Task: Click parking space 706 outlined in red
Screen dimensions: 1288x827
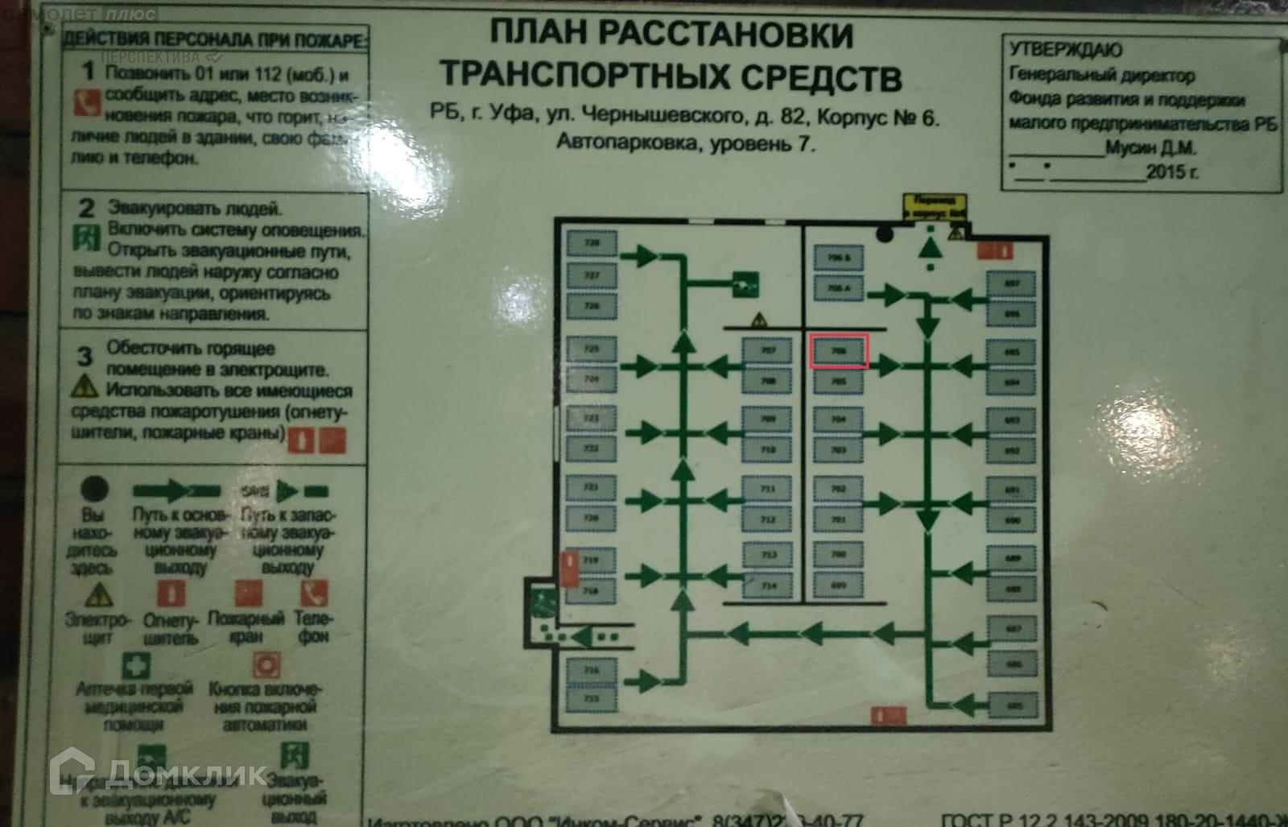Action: pyautogui.click(x=838, y=352)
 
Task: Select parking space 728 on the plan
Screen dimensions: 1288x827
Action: pyautogui.click(x=592, y=242)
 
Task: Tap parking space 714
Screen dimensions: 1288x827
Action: pyautogui.click(x=768, y=585)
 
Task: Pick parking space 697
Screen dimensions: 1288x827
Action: pyautogui.click(x=1011, y=283)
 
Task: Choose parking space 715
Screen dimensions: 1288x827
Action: pyautogui.click(x=592, y=700)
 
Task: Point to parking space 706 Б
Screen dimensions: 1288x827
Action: pyautogui.click(x=838, y=258)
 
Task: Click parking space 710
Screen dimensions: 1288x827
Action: pyautogui.click(x=768, y=450)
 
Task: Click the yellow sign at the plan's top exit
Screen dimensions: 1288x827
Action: pyautogui.click(x=934, y=206)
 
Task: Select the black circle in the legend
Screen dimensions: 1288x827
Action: pyautogui.click(x=94, y=488)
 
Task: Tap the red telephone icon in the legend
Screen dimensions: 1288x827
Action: pyautogui.click(x=312, y=593)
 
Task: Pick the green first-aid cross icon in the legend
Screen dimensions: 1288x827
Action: pyautogui.click(x=135, y=665)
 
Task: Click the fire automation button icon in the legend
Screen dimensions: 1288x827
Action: pyautogui.click(x=265, y=665)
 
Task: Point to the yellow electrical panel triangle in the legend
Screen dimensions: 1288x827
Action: pyautogui.click(x=98, y=594)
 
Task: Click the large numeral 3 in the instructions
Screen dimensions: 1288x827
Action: pyautogui.click(x=85, y=354)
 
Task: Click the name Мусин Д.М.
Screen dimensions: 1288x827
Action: pyautogui.click(x=1150, y=148)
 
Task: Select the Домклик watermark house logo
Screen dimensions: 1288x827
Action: pyautogui.click(x=73, y=773)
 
